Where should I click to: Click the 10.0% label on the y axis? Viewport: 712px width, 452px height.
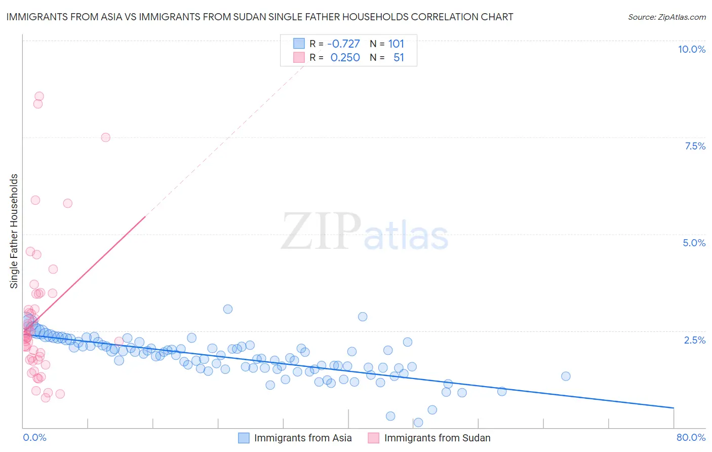(691, 49)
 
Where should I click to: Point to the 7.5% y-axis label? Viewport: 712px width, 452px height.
(695, 146)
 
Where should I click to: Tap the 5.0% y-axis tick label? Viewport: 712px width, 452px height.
(694, 243)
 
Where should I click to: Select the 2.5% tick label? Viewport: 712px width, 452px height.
(694, 340)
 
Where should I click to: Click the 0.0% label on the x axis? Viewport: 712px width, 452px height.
(34, 437)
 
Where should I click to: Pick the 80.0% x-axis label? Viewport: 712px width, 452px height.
(691, 437)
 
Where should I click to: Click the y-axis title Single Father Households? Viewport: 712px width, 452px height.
(14, 231)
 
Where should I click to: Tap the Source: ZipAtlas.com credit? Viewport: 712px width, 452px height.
(666, 17)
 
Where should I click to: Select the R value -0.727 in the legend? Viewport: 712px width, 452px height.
(343, 44)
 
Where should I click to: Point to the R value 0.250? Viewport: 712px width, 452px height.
(345, 58)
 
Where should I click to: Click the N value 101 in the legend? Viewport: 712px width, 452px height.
(396, 44)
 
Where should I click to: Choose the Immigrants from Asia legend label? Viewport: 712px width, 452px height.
(303, 438)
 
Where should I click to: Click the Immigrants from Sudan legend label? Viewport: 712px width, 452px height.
(437, 438)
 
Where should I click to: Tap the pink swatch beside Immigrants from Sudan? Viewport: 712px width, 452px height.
(374, 438)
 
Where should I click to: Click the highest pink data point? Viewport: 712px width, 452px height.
(39, 96)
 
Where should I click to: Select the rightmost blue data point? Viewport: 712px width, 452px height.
(566, 376)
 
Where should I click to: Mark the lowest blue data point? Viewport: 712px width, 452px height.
(418, 423)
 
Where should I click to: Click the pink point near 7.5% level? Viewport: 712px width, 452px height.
(105, 137)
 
